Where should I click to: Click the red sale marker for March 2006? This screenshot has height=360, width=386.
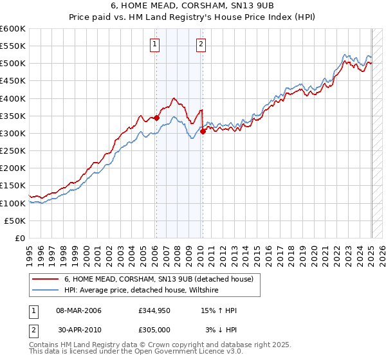tap(156, 118)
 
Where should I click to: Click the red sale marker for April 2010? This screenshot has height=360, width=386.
tap(203, 131)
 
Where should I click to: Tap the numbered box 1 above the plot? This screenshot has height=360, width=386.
tap(156, 44)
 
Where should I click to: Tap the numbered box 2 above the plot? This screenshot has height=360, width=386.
tap(201, 44)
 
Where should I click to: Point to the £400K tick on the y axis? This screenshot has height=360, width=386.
tap(13, 98)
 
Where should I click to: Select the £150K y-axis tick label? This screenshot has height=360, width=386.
tap(13, 185)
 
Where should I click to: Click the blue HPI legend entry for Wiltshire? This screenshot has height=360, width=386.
tap(141, 291)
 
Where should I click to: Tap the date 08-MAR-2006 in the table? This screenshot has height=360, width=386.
tap(79, 310)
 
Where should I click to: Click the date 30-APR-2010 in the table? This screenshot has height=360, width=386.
tap(79, 330)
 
